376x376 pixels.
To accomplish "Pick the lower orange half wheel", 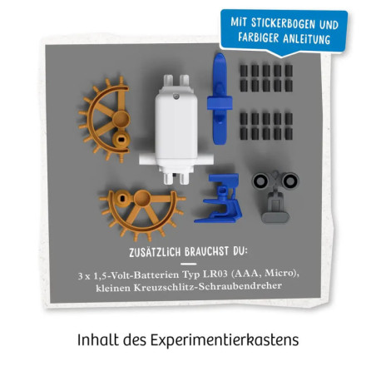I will tap(142, 205).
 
